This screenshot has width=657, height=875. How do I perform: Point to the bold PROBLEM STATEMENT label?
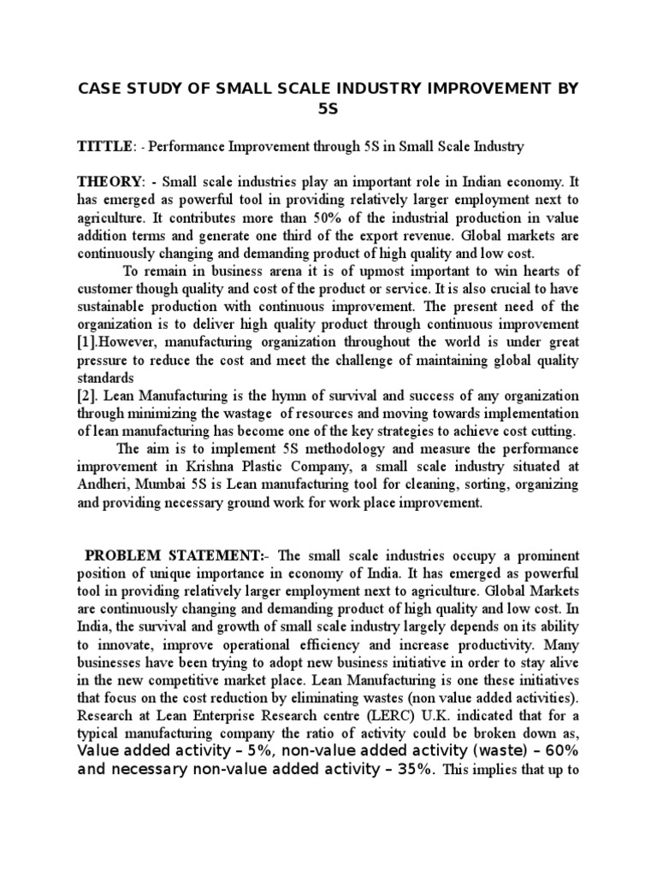tap(162, 555)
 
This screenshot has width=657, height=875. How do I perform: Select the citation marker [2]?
tap(87, 396)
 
